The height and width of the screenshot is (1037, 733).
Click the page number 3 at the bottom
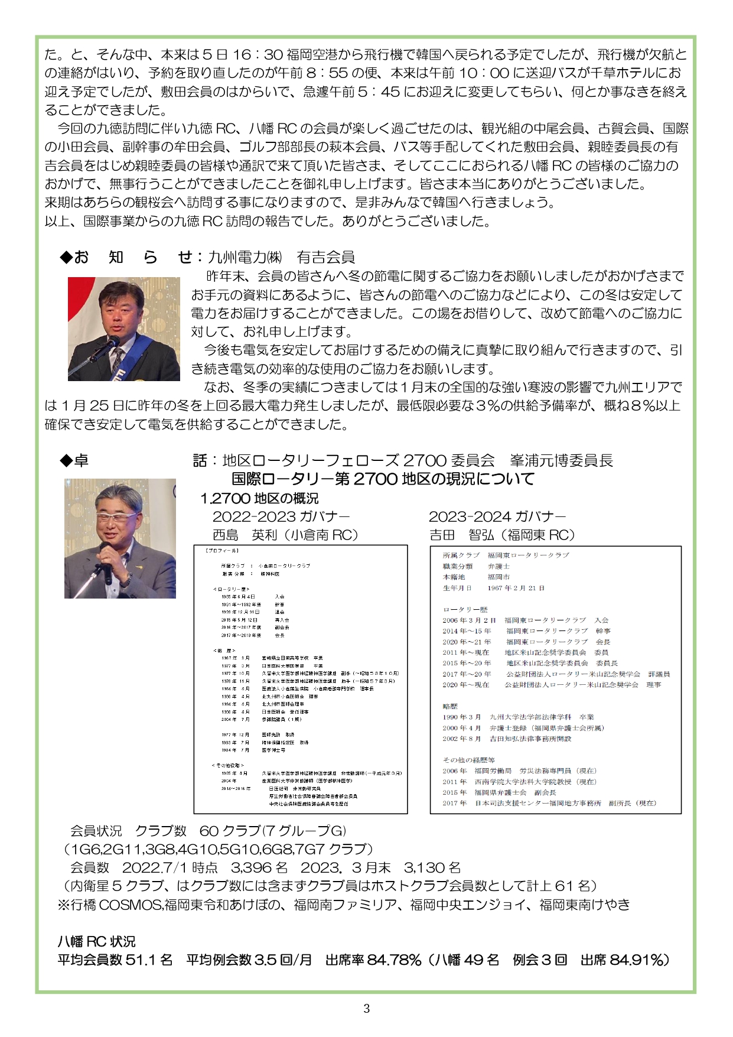366,1008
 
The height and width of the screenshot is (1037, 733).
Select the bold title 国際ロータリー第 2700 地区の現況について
383,479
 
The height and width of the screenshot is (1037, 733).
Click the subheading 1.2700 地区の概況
259,498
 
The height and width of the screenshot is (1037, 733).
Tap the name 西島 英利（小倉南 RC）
286,535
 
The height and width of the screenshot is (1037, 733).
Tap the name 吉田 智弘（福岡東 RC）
502,535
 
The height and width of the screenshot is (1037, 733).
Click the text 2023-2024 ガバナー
497,516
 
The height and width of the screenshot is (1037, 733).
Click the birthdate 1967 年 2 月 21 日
516,588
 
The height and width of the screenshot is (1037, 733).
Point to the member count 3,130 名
432,867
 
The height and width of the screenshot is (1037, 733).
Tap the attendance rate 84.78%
394,960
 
